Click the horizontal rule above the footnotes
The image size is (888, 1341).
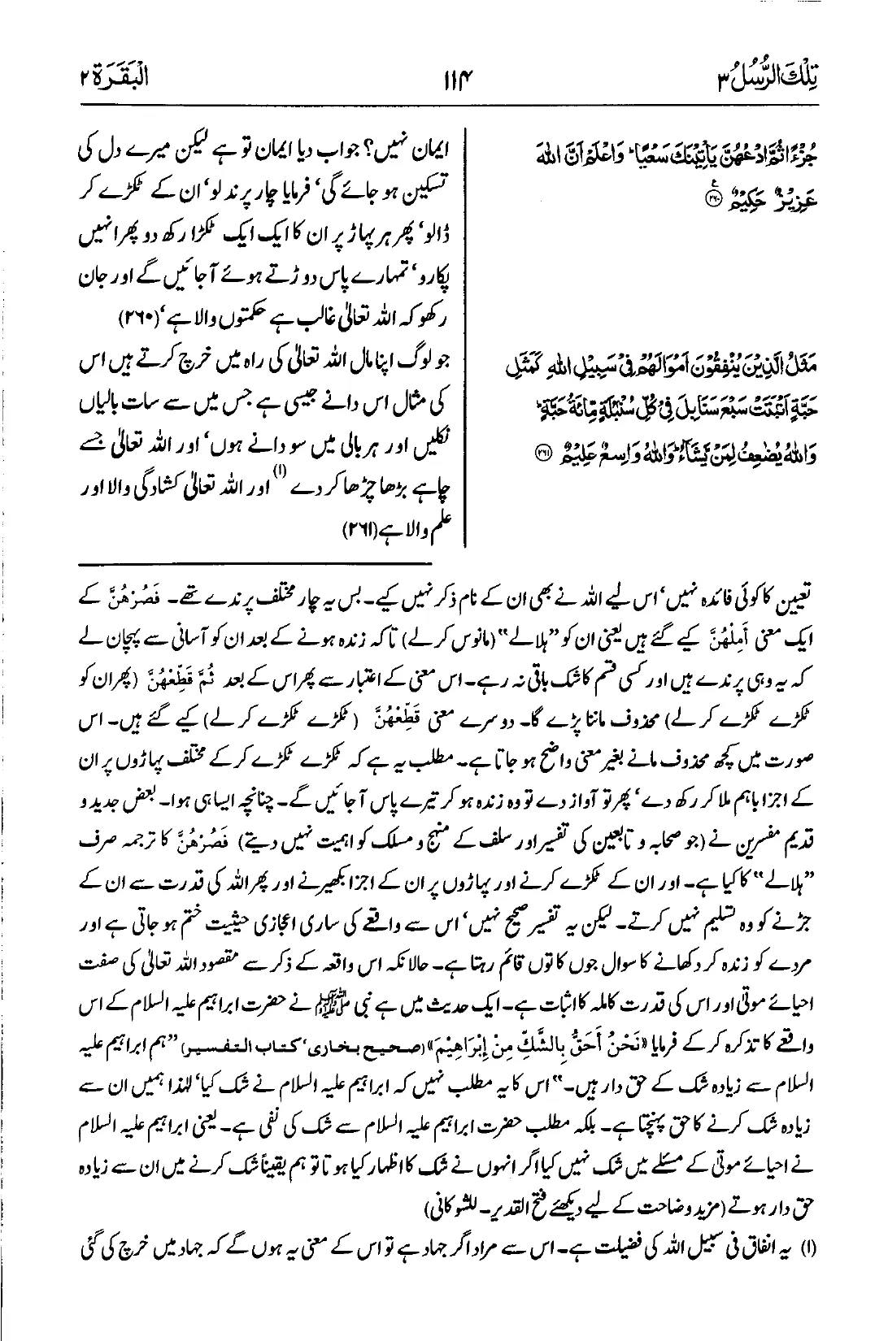[x=256, y=562]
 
